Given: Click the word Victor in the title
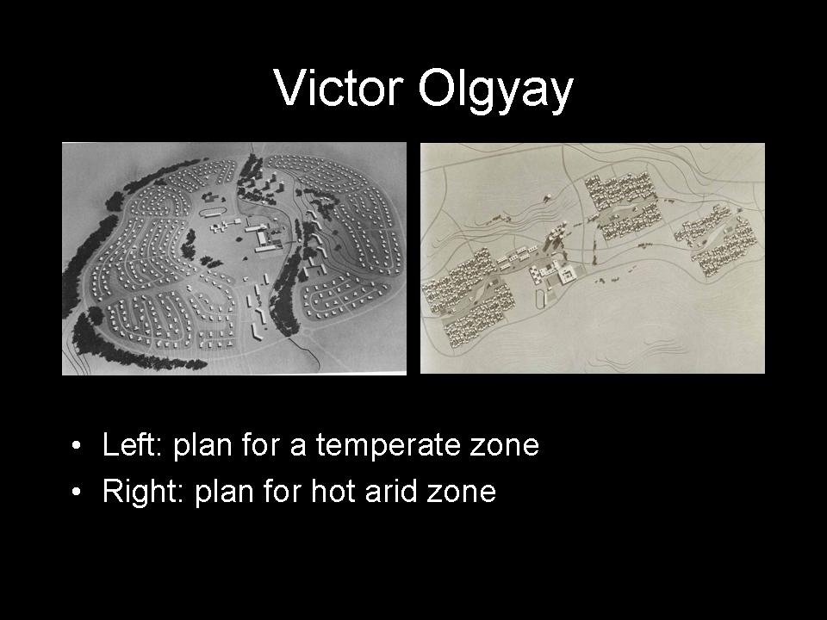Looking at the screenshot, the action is tap(339, 88).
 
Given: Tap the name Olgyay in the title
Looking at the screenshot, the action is tap(495, 91).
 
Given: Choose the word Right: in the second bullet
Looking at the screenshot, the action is tap(144, 493).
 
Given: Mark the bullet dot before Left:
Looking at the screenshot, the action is tap(77, 445).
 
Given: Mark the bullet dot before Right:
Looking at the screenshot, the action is tap(77, 493).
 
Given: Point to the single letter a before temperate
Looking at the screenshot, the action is tap(299, 448).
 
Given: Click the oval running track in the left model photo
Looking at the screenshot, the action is tap(213, 212).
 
